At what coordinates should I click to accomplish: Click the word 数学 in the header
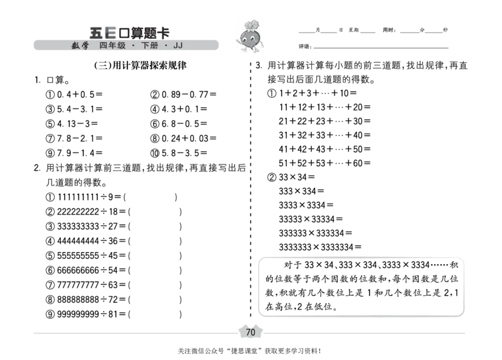tap(80, 46)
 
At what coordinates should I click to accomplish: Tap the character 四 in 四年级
tap(104, 46)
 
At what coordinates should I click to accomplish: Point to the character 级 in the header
tap(122, 46)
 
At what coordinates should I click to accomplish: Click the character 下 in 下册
tap(145, 46)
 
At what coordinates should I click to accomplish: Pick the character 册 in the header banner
tap(154, 46)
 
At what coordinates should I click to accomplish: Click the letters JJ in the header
tap(178, 46)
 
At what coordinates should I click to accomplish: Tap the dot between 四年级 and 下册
tap(134, 46)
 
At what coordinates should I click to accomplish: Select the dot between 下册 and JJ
tap(166, 46)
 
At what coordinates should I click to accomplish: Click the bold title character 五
tap(95, 33)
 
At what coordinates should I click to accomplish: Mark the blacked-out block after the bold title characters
tap(144, 33)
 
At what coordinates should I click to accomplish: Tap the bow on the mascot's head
tap(250, 29)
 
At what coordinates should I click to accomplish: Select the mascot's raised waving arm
tap(239, 43)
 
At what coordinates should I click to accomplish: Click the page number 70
tap(250, 332)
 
